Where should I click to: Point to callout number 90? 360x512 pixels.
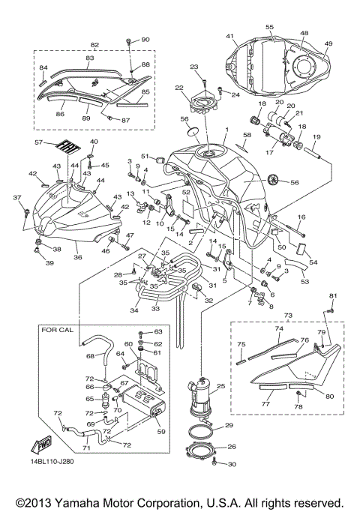pos(145,39)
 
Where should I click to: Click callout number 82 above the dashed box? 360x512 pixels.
pos(94,45)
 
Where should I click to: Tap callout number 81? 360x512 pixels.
pos(334,295)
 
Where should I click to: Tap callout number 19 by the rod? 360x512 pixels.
pos(317,137)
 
